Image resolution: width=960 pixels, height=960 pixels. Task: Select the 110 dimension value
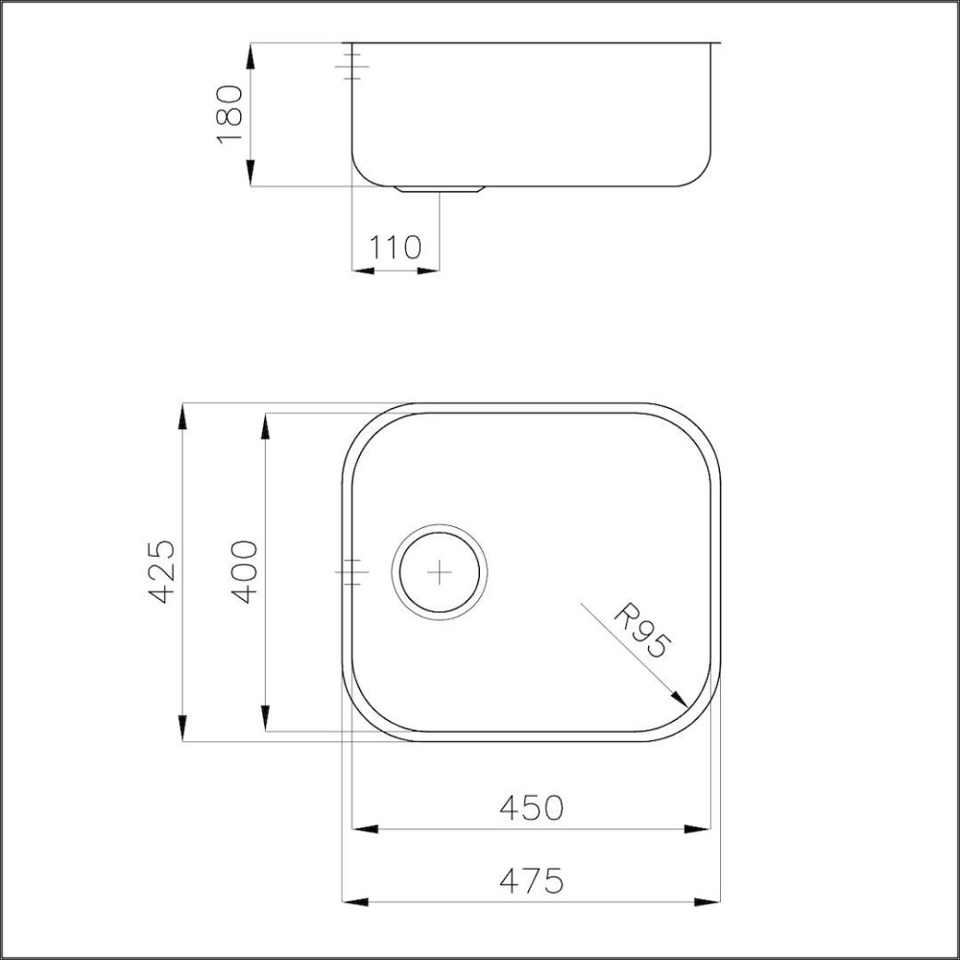396,248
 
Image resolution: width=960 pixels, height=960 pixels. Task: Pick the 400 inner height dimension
246,571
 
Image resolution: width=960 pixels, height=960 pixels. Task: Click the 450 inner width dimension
531,808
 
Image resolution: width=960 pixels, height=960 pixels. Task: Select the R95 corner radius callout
640,630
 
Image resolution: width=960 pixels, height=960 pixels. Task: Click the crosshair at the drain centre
439,572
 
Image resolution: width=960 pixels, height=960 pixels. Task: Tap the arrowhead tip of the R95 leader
686,707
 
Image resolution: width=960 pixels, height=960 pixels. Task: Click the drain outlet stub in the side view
443,189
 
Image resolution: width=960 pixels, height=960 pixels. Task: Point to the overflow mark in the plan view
351,572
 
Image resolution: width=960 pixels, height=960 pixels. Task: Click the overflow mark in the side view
351,65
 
